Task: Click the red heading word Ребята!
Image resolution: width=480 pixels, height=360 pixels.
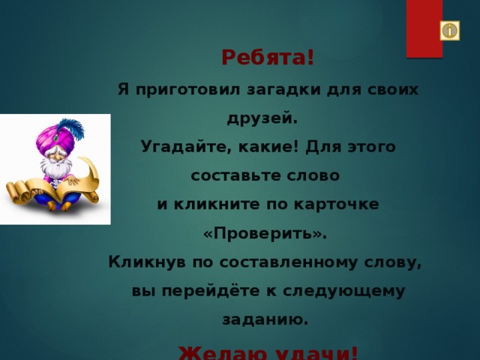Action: [268, 58]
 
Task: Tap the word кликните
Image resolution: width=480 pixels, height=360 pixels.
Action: [215, 203]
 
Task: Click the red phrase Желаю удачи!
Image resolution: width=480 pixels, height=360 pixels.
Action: [268, 351]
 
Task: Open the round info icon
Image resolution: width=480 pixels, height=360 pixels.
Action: [448, 31]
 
